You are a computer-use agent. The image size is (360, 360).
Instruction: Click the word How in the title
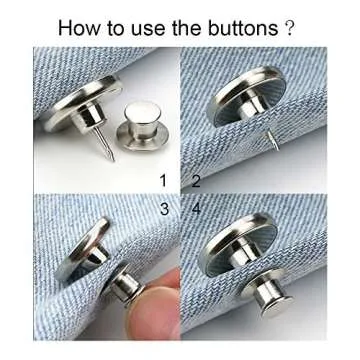80,27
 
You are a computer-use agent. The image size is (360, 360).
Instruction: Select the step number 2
196,181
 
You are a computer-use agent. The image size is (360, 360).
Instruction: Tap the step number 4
196,208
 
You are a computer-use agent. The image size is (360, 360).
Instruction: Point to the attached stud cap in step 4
271,300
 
